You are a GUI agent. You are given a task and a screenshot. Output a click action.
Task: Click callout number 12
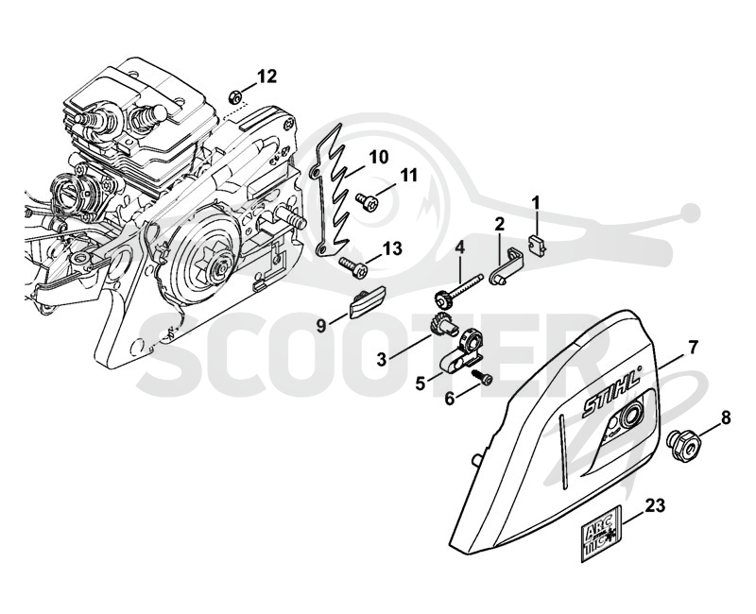click(266, 77)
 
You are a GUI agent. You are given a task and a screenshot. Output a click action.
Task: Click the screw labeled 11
click(366, 198)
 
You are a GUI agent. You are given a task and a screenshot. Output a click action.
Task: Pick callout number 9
click(321, 326)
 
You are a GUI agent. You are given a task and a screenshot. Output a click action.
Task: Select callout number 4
click(459, 248)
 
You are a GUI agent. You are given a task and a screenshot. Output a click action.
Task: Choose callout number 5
click(420, 384)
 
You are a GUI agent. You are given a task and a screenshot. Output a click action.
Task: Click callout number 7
click(693, 347)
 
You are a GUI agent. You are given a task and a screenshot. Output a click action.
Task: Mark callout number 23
click(655, 505)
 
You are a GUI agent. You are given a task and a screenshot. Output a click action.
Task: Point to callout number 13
click(391, 248)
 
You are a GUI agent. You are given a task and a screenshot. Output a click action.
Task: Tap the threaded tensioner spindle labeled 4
click(457, 291)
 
